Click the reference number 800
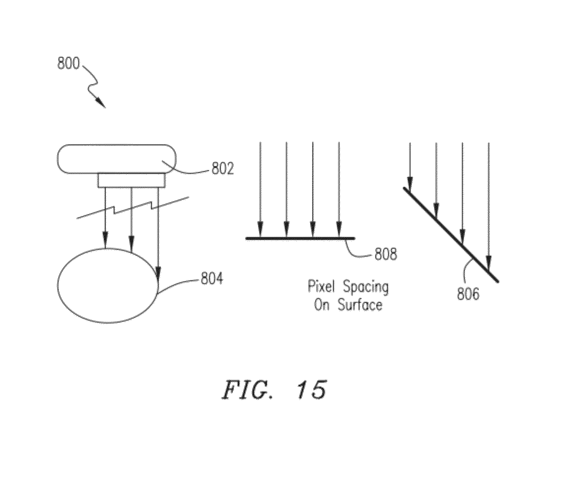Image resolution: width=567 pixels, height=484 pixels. point(69,63)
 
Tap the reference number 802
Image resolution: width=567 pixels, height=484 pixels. point(223,168)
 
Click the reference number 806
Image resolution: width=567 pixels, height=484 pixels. point(468,294)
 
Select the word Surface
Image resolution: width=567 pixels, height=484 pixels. point(360,305)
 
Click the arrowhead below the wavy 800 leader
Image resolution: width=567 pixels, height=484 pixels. point(101,102)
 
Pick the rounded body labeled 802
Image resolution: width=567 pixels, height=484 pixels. point(116,159)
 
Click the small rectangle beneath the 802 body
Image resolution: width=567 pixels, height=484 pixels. point(132,180)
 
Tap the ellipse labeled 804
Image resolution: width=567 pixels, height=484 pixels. point(108,285)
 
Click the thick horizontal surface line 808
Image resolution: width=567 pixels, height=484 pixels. point(300,238)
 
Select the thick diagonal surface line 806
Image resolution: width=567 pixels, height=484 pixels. point(451,235)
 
